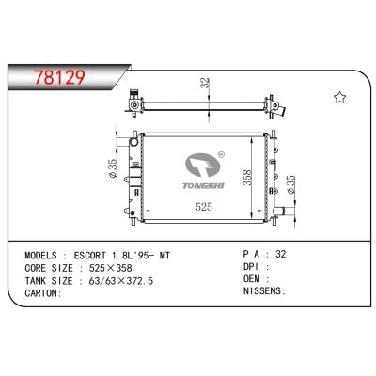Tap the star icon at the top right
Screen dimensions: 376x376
tap(338, 98)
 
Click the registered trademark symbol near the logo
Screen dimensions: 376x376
tap(222, 154)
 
